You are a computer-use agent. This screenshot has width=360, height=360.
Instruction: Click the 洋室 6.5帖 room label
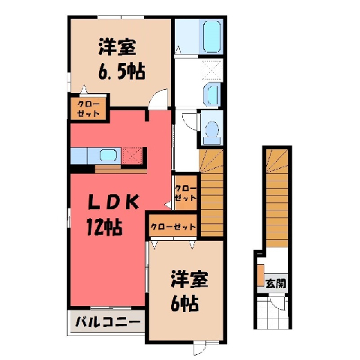pos(121,59)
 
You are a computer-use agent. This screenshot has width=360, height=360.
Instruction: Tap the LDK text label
pos(114,202)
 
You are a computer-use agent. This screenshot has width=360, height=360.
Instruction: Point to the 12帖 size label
pos(104,227)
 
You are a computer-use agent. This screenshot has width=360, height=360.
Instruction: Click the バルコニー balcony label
pos(107,322)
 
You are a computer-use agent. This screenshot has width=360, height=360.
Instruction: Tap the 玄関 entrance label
pos(275,283)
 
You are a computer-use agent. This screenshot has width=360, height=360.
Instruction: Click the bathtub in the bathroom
pos(211,36)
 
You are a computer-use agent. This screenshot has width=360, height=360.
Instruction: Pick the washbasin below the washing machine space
pos(212,94)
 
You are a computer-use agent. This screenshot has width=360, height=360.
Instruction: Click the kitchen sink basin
pos(108,155)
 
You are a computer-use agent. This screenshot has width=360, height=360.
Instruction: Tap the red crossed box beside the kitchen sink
pos(132,156)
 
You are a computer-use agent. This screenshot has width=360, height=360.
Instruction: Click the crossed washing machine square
pos(211,70)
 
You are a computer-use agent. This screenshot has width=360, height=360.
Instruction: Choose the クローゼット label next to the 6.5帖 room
pos(88,109)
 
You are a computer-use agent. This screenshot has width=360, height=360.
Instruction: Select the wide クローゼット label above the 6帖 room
pos(173,226)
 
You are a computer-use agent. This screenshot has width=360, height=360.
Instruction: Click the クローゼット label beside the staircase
pos(185,193)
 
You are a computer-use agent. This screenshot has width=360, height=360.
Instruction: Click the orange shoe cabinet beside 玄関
pos(261,275)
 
